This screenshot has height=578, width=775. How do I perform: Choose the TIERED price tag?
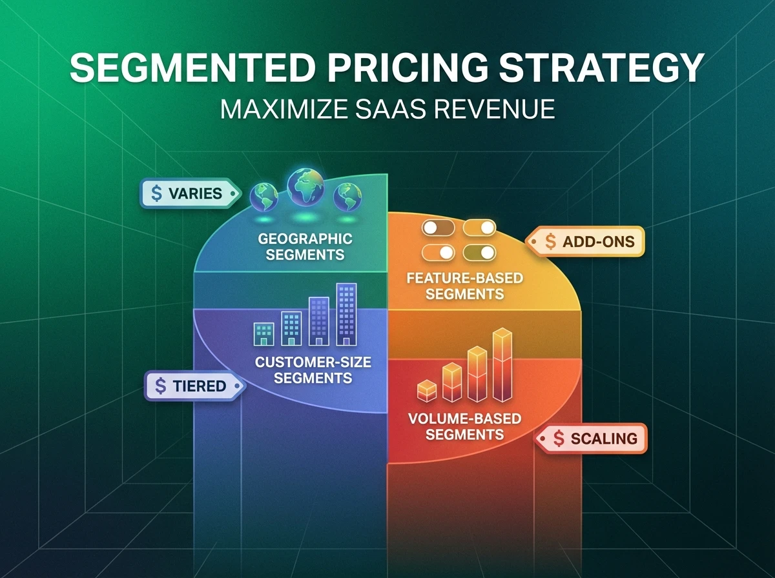(192, 386)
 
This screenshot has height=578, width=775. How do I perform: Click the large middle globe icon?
(305, 187)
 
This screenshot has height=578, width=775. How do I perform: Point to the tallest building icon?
(347, 314)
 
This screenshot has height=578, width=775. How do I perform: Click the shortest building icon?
(264, 333)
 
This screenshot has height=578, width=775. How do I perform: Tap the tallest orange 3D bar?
(502, 364)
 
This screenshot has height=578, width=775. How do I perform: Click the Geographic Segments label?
(305, 246)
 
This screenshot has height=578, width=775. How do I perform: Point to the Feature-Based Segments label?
(464, 286)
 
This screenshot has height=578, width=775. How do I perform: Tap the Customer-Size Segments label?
(313, 369)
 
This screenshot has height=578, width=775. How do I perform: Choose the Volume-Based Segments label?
(464, 426)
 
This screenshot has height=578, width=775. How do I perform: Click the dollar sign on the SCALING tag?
(559, 439)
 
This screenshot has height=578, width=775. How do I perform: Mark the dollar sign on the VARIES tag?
(156, 193)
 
